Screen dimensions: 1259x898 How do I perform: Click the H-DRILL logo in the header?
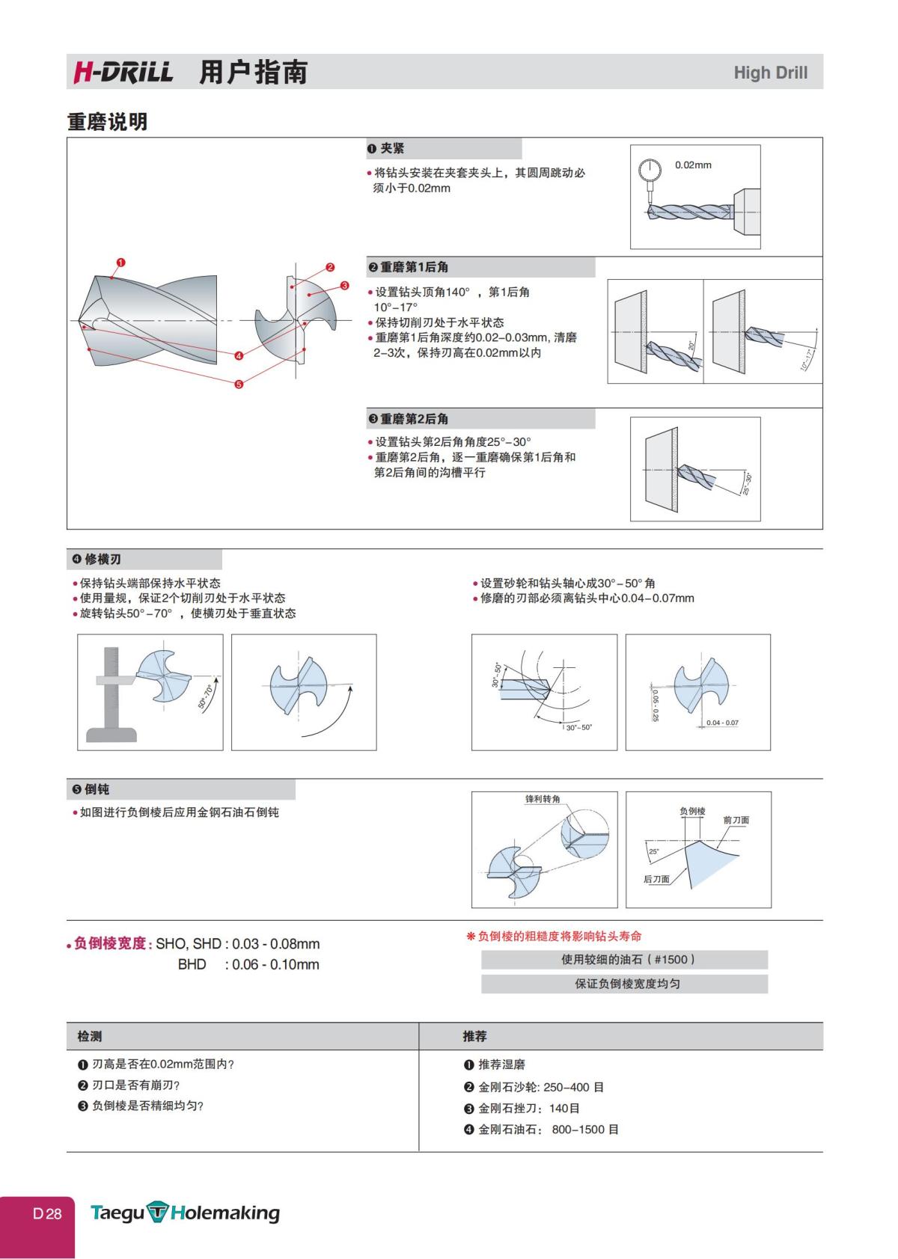(x=123, y=73)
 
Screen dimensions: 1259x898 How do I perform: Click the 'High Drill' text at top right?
(x=770, y=73)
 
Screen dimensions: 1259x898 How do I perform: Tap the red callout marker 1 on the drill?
(x=121, y=263)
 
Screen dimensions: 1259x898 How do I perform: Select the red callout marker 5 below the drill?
(x=239, y=385)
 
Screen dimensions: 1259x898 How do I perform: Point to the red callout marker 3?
(x=344, y=285)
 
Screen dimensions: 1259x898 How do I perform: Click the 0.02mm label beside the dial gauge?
(x=693, y=165)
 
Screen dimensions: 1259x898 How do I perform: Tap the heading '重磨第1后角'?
(x=414, y=267)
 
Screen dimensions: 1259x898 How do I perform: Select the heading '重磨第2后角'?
(x=414, y=419)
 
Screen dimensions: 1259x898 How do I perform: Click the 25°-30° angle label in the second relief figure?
(x=745, y=483)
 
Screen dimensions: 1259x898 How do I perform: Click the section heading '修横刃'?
(x=103, y=560)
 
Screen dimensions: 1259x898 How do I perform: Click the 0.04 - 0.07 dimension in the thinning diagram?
(x=722, y=723)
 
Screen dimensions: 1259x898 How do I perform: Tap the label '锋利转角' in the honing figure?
(x=543, y=799)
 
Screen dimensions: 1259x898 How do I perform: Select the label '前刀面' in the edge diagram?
(x=736, y=820)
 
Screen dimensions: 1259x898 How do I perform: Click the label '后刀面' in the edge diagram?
(x=656, y=879)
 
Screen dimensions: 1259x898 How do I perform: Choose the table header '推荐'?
(x=474, y=1036)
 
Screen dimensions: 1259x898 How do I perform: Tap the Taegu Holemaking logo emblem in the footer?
(x=158, y=1213)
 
